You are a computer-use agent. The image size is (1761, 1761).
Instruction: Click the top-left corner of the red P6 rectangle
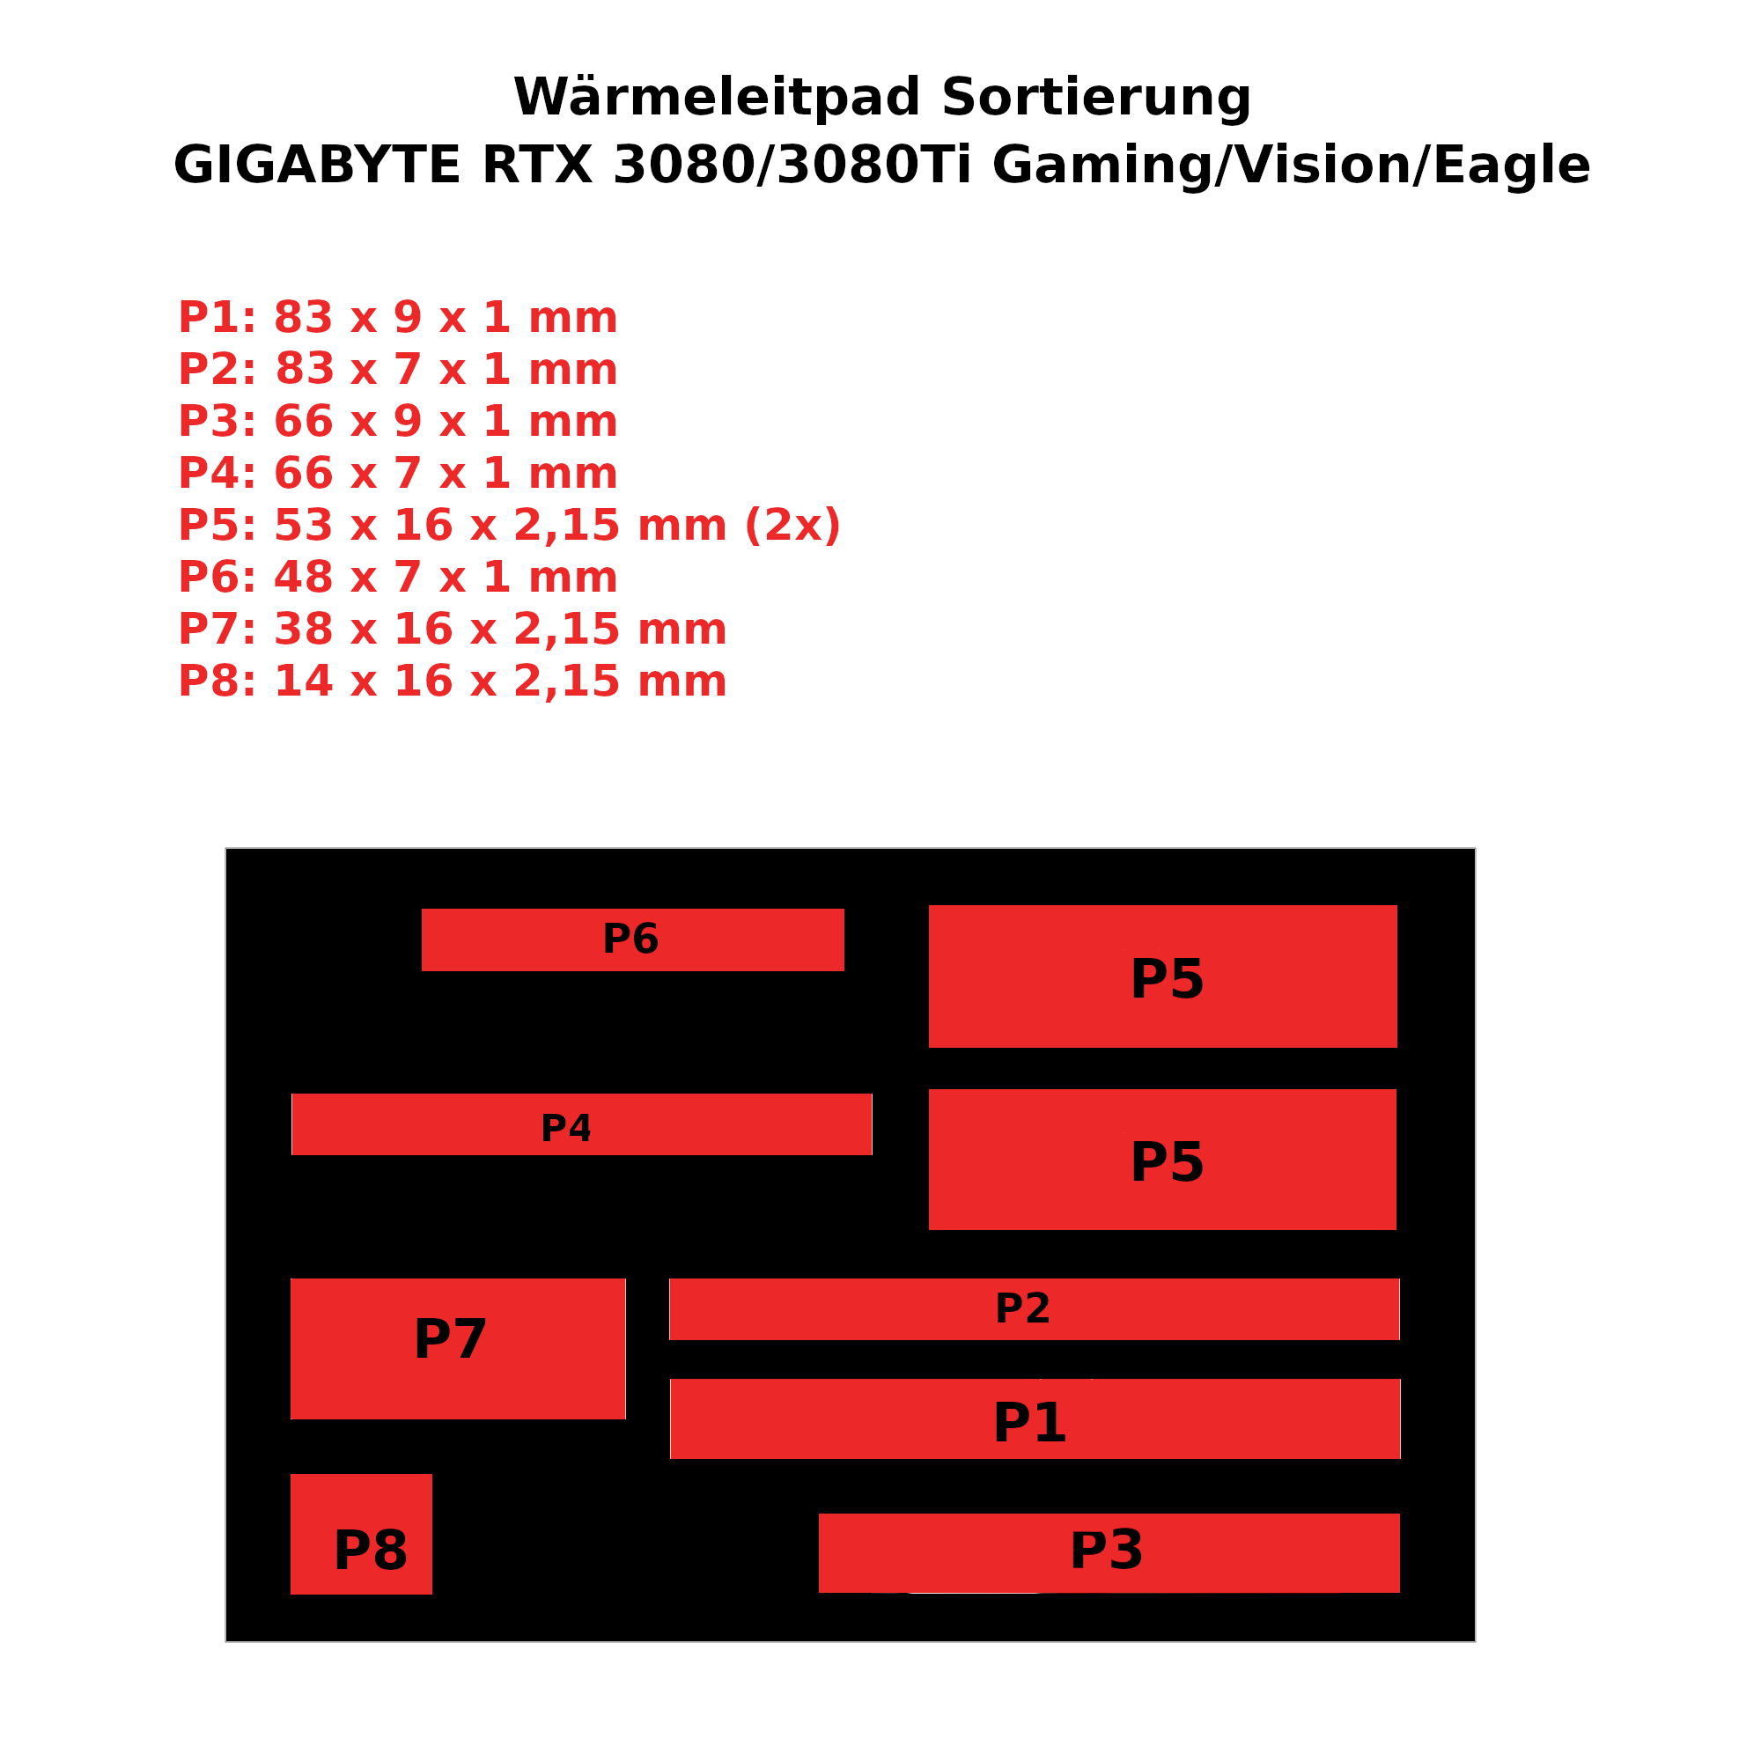422,909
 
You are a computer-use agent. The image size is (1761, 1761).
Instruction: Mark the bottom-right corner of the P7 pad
625,1419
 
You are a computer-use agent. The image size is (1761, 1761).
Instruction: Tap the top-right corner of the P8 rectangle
432,1474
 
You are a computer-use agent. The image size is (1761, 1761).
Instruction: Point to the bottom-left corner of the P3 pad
819,1592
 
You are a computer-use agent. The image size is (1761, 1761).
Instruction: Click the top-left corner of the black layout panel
226,849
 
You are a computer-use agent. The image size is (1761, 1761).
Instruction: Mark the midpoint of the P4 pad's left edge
291,1124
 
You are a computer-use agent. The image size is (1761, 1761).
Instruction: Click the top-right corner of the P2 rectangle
1399,1278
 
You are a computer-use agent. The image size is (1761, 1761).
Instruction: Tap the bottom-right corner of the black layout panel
1475,1641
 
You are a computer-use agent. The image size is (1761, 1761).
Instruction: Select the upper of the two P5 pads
1163,976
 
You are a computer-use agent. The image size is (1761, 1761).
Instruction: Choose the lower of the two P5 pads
1162,1160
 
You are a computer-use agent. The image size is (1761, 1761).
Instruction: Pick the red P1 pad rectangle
1035,1418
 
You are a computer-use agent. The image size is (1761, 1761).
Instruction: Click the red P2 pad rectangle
1034,1309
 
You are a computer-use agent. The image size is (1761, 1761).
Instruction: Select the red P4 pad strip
581,1124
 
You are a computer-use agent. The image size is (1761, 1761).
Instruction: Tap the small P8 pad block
361,1534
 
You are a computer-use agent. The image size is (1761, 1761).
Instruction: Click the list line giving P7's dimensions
452,630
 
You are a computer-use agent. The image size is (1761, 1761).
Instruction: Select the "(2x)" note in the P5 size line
792,526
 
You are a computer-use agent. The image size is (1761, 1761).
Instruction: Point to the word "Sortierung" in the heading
1095,98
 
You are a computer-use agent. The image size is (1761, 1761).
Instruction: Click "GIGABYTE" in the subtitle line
316,166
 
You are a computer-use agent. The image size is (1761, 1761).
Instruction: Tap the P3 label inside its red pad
1106,1551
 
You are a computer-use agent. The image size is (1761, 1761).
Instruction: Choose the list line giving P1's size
397,318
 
